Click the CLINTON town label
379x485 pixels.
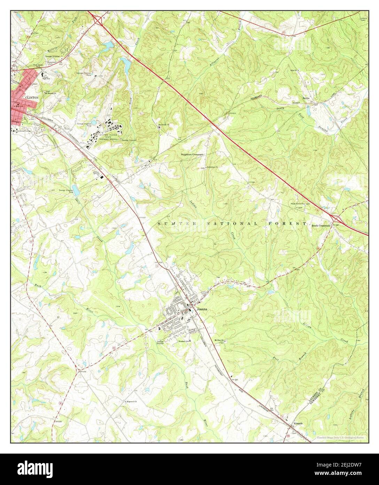(x=32, y=98)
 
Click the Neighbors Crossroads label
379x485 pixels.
(x=192, y=154)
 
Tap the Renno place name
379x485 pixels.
(x=306, y=98)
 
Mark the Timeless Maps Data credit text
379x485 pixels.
(x=340, y=437)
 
